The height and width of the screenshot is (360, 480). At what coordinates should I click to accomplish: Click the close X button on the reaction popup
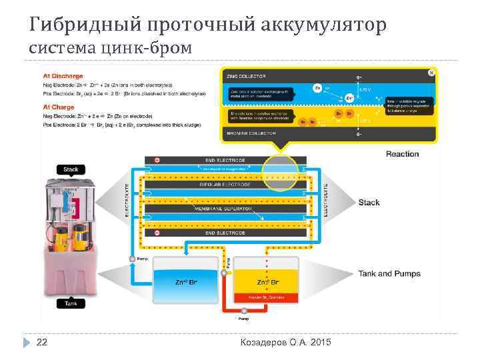point(432,72)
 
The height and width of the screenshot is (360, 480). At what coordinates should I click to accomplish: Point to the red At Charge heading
point(57,106)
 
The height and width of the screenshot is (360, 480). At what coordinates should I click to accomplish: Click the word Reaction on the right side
point(402,154)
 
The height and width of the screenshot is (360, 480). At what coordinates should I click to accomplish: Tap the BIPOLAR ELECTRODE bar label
point(225,184)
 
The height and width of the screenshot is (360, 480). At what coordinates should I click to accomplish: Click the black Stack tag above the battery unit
point(71,169)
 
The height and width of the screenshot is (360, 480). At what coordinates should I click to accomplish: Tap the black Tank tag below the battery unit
point(70,303)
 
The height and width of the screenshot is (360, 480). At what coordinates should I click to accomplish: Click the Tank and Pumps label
point(389,274)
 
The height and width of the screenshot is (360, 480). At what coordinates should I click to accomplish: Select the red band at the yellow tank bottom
point(267,297)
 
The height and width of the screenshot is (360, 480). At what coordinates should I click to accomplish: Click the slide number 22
point(41,342)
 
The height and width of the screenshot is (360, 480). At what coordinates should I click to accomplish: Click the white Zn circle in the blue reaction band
point(318,87)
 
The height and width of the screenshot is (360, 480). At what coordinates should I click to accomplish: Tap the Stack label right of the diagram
point(369,203)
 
